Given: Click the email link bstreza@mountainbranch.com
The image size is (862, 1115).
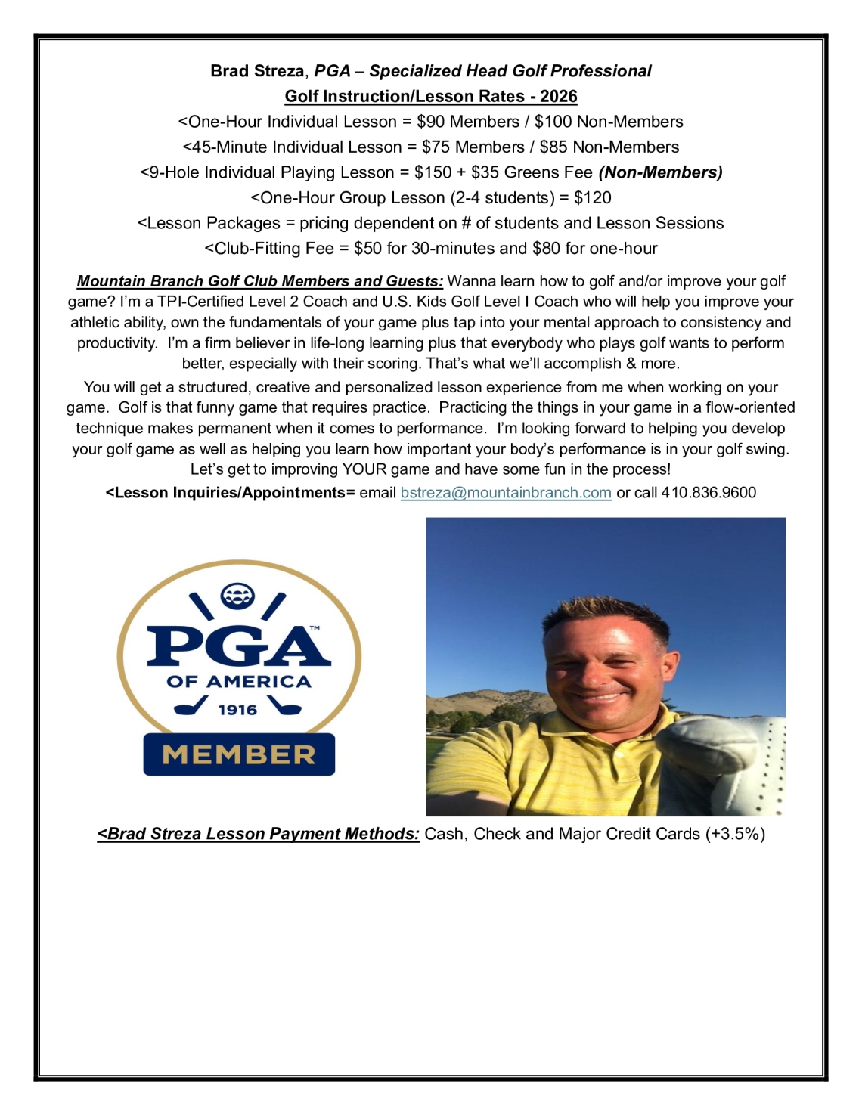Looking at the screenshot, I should click(x=506, y=493).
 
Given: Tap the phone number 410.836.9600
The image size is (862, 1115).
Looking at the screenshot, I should click(x=709, y=493).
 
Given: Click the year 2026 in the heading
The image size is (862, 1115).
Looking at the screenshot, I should click(x=559, y=97).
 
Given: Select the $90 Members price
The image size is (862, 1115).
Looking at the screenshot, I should click(x=468, y=122).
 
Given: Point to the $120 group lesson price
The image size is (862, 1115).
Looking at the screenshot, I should click(x=593, y=198).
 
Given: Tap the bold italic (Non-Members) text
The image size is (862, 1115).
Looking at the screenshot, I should click(x=660, y=172).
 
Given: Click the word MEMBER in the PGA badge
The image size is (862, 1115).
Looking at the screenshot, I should click(x=239, y=754).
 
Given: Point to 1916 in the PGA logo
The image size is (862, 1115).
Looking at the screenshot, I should click(x=237, y=710).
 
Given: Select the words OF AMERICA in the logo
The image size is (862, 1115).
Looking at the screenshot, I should click(x=239, y=682).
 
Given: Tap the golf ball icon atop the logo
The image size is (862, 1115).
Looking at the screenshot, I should click(x=237, y=596).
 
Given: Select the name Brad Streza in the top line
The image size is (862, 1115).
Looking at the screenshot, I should click(x=257, y=71).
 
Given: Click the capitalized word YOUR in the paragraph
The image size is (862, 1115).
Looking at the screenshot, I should click(x=364, y=469).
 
